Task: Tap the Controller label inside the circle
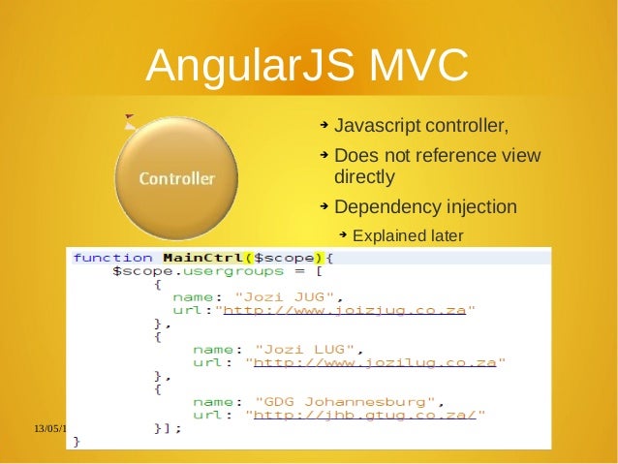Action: [176, 179]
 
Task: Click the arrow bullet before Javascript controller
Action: [324, 127]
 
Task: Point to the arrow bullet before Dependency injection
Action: [324, 206]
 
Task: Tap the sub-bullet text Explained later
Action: [408, 235]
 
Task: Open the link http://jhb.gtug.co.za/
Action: [364, 414]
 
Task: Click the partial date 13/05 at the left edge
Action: [46, 427]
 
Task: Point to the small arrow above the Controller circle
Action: [130, 120]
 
